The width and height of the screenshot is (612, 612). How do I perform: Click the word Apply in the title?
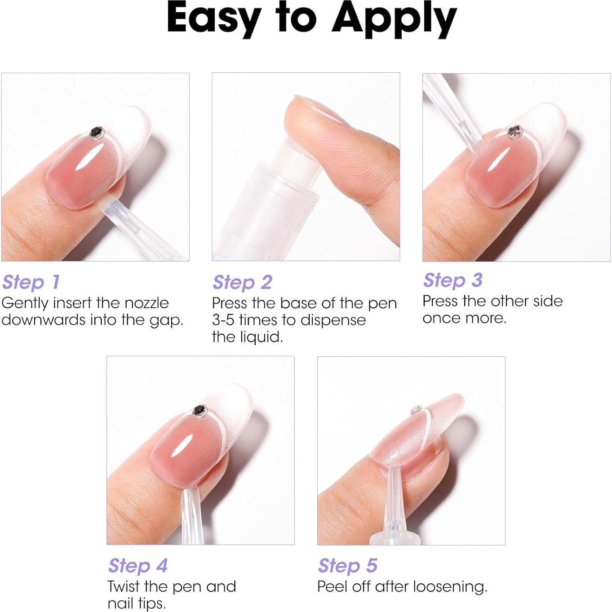(x=394, y=20)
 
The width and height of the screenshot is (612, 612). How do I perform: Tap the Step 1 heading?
(x=31, y=282)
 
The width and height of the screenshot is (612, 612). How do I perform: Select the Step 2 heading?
(x=242, y=283)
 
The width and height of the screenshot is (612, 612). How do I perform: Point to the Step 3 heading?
(x=452, y=280)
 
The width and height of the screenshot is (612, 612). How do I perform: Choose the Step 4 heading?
(x=137, y=565)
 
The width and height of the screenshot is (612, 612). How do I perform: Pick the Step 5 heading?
(x=347, y=565)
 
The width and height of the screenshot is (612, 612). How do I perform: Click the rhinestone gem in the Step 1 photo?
(x=95, y=133)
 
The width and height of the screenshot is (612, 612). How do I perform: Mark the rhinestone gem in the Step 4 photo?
(x=198, y=410)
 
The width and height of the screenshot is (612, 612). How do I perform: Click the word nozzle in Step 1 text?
(x=146, y=303)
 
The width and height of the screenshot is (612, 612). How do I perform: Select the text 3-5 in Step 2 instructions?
(x=223, y=320)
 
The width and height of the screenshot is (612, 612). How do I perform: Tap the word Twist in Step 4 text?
(x=124, y=586)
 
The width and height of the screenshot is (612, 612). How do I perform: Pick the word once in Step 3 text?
(x=437, y=318)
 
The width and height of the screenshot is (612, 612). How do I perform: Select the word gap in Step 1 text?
(x=168, y=321)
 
